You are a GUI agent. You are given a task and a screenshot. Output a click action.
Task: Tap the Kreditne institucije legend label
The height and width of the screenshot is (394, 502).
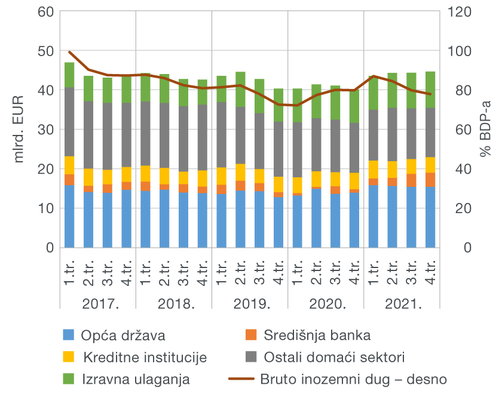[x=145, y=358]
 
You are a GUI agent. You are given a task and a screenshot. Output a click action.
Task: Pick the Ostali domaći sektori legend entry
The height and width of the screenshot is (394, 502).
[x=335, y=358]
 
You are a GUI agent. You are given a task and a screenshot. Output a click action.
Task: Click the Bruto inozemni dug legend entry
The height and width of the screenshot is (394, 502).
[x=353, y=378]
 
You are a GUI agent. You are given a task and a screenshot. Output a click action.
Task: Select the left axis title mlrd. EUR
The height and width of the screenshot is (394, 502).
[x=19, y=128]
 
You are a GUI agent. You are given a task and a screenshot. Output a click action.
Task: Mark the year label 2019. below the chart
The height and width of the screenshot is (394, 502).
[x=250, y=304]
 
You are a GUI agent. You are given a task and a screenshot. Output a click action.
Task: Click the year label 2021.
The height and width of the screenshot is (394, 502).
[x=402, y=304]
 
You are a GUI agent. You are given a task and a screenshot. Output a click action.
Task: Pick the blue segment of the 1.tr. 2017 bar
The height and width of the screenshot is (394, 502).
[x=69, y=216]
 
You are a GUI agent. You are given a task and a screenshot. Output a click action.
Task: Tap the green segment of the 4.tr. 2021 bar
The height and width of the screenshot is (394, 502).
[x=430, y=90]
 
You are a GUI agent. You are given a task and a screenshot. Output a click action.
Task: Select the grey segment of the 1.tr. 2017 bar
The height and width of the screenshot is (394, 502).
[x=69, y=122]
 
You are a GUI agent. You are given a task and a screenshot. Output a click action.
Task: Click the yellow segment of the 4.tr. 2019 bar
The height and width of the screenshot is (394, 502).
[x=278, y=184]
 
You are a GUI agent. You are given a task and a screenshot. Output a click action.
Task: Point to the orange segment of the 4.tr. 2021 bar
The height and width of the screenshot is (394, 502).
[x=430, y=180]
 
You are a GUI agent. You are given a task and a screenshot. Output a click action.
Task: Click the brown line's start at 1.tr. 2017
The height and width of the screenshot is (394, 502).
[x=69, y=52]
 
